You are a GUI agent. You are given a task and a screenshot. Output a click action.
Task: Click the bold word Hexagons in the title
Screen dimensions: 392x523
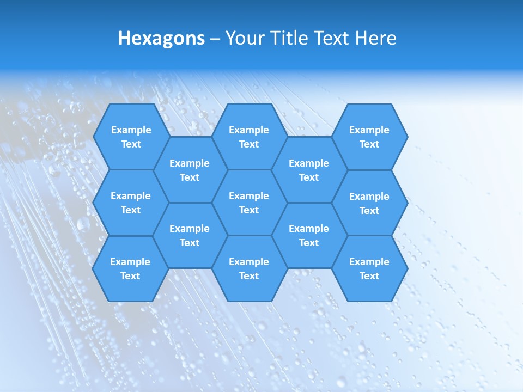coord(161,38)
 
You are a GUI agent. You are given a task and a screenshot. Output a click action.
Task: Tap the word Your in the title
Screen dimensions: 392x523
coord(244,38)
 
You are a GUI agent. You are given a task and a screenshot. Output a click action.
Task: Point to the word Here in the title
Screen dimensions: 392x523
coord(376,38)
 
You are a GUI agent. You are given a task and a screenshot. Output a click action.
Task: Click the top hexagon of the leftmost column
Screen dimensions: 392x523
coord(131,137)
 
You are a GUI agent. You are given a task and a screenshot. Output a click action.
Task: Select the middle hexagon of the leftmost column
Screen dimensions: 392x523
coord(131,203)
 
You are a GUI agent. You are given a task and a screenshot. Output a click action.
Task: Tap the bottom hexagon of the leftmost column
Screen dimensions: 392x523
coord(130,268)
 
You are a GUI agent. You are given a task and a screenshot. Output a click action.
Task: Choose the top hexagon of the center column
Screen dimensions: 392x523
coord(249,137)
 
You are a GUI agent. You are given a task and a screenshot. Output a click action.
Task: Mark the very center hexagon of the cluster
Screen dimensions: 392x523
coord(249,203)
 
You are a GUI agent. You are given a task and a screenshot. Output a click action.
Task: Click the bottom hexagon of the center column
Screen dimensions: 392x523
coord(249,268)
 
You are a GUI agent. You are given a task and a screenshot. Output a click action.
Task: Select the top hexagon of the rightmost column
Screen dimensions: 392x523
coord(369,137)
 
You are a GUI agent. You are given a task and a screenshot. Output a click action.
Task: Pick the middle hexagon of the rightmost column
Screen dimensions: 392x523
coord(369,203)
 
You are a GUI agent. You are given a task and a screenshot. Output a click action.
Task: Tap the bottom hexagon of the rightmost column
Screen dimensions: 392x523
coord(369,268)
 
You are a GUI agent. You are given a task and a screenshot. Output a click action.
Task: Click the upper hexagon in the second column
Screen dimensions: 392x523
coord(190,170)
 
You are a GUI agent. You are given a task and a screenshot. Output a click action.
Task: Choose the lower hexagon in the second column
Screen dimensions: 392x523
coord(190,235)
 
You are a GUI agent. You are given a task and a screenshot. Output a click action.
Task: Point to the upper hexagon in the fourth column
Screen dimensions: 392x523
coord(309,170)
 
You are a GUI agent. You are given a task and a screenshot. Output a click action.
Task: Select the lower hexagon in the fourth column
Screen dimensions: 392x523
coord(309,235)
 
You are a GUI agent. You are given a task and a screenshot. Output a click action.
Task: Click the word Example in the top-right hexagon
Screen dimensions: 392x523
coord(369,130)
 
